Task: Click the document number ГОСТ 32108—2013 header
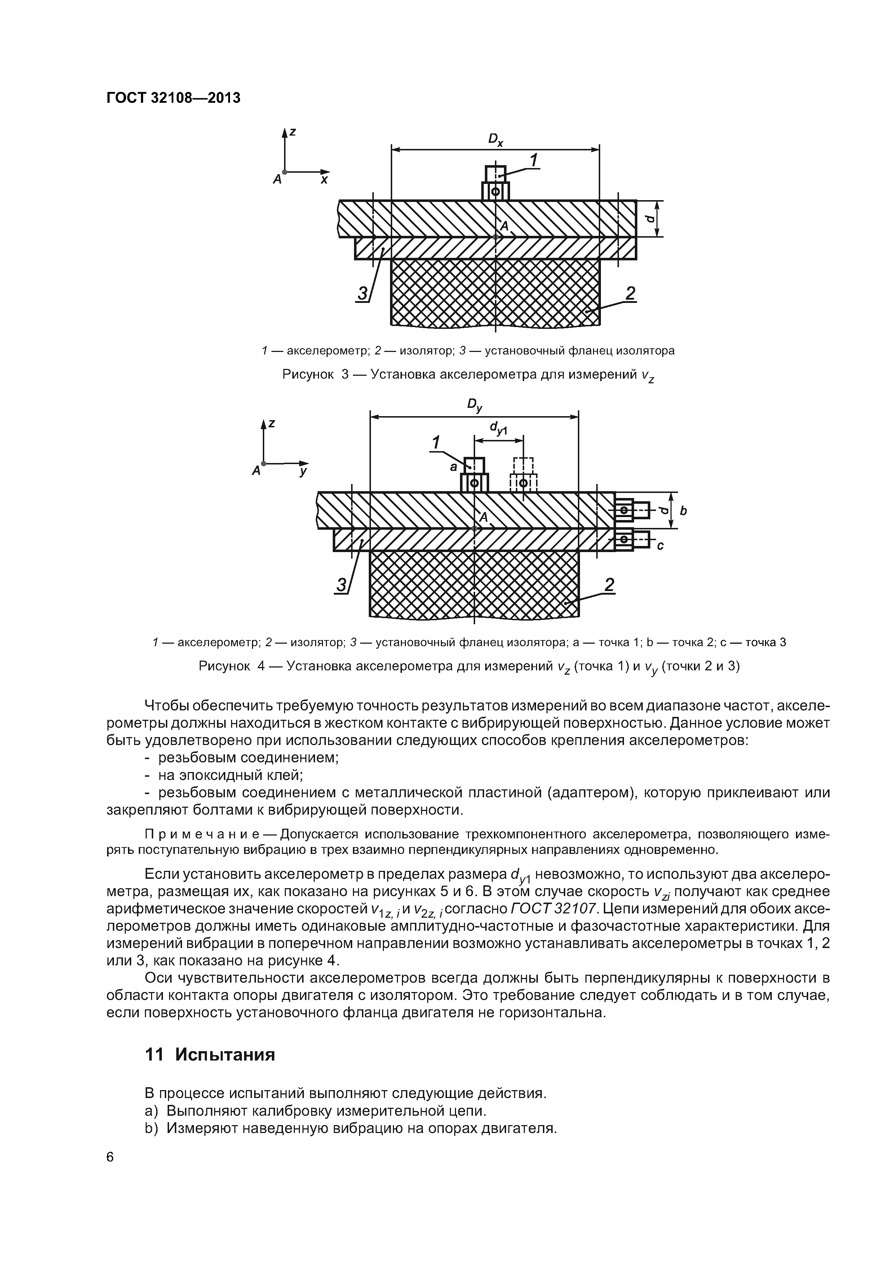pos(173,98)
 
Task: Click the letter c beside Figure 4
pos(660,546)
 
